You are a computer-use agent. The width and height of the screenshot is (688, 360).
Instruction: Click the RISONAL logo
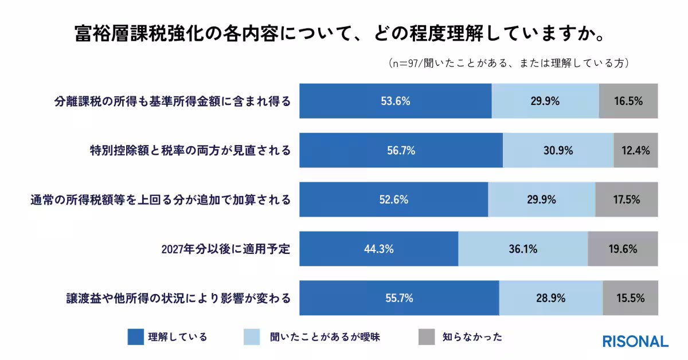coord(635,341)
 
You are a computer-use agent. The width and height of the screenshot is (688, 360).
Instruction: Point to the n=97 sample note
coord(508,63)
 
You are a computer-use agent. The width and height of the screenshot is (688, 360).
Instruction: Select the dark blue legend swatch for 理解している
coord(135,336)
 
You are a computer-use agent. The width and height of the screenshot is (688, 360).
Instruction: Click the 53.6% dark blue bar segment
coord(396,101)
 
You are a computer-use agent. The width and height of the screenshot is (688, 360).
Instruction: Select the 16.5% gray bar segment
coord(628,101)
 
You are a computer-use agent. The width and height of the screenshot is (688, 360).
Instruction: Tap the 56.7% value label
coord(401,151)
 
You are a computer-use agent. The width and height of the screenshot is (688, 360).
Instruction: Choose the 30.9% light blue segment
coord(558,151)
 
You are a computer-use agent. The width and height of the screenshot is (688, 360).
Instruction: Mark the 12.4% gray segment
coord(635,151)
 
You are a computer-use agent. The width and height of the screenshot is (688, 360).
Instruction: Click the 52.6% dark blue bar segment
coord(394,200)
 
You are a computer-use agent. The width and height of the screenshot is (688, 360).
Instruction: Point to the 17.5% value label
coord(626,200)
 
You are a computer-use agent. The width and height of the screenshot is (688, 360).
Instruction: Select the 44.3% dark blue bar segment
coord(379,249)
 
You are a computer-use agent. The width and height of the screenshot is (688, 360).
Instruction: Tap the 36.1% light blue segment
coord(523,249)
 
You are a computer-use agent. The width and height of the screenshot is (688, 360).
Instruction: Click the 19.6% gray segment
coord(623,249)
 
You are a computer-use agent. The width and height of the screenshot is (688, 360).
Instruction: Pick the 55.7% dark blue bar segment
coord(399,299)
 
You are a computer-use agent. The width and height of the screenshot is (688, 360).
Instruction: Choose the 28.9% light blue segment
coord(550,299)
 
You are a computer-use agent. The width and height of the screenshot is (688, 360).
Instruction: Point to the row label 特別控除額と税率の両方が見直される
coord(190,151)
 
